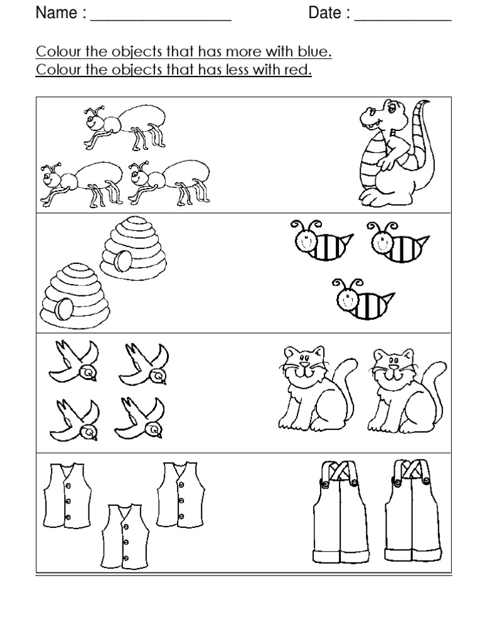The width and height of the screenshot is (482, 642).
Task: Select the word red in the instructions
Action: [x=297, y=70]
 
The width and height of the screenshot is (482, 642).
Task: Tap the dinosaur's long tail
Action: [x=422, y=144]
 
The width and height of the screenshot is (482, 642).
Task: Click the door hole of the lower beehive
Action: [x=63, y=308]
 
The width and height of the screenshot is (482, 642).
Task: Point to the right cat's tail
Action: [x=435, y=382]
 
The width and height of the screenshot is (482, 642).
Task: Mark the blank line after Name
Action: [x=161, y=19]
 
